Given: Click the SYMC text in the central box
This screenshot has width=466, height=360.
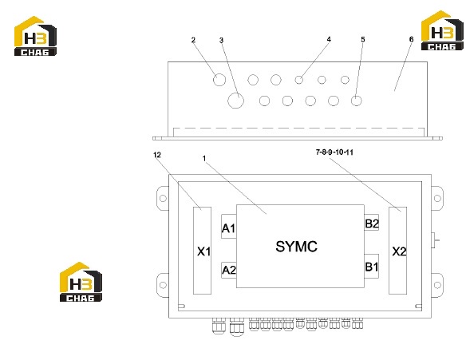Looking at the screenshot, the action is pyautogui.click(x=296, y=247).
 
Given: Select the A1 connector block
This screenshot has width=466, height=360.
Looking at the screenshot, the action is pyautogui.click(x=229, y=226).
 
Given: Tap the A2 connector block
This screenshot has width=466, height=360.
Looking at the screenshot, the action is pyautogui.click(x=229, y=270).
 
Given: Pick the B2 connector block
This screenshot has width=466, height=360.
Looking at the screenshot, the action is pyautogui.click(x=372, y=223).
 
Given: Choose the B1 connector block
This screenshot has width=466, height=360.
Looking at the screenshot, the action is pyautogui.click(x=372, y=266).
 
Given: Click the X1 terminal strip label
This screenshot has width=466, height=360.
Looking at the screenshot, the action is pyautogui.click(x=204, y=251).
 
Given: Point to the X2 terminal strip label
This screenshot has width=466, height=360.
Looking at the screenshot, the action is pyautogui.click(x=399, y=251).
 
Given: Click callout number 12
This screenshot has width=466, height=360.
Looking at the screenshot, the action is pyautogui.click(x=157, y=155).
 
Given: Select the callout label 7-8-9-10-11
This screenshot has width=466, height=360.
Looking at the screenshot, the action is pyautogui.click(x=334, y=152).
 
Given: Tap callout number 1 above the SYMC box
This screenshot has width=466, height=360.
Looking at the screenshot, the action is pyautogui.click(x=204, y=158).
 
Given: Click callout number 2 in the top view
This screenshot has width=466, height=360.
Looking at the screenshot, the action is pyautogui.click(x=193, y=40).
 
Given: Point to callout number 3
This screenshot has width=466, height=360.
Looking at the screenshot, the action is pyautogui.click(x=221, y=41).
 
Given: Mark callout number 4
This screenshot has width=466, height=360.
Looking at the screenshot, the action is pyautogui.click(x=329, y=40).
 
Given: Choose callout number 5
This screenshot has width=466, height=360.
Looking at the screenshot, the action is pyautogui.click(x=363, y=40).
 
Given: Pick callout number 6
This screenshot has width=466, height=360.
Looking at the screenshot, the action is pyautogui.click(x=411, y=40).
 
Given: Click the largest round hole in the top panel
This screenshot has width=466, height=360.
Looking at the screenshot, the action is pyautogui.click(x=236, y=101).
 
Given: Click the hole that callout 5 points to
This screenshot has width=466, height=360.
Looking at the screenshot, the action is pyautogui.click(x=357, y=101).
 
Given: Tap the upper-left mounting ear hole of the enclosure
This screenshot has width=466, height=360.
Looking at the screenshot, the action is pyautogui.click(x=163, y=198).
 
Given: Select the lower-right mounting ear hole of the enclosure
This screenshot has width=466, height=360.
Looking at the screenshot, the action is pyautogui.click(x=437, y=285).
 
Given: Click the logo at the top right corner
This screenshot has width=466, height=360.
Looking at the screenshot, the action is pyautogui.click(x=442, y=30).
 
